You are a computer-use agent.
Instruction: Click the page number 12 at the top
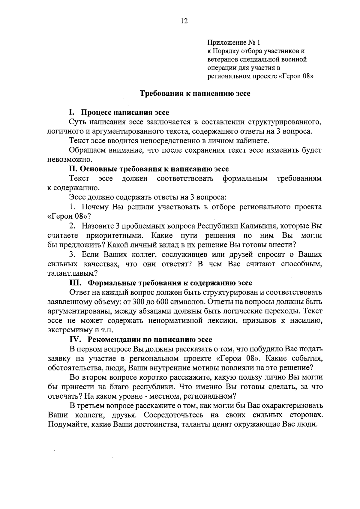pos(184,21)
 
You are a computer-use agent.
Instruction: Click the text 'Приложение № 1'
pos(235,42)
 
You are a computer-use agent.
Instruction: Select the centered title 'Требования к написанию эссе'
pos(195,93)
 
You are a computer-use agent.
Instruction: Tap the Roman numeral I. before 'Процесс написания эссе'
pos(71,112)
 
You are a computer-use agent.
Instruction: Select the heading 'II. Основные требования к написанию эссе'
pos(149,169)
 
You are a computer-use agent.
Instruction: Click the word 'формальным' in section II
pos(245,178)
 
